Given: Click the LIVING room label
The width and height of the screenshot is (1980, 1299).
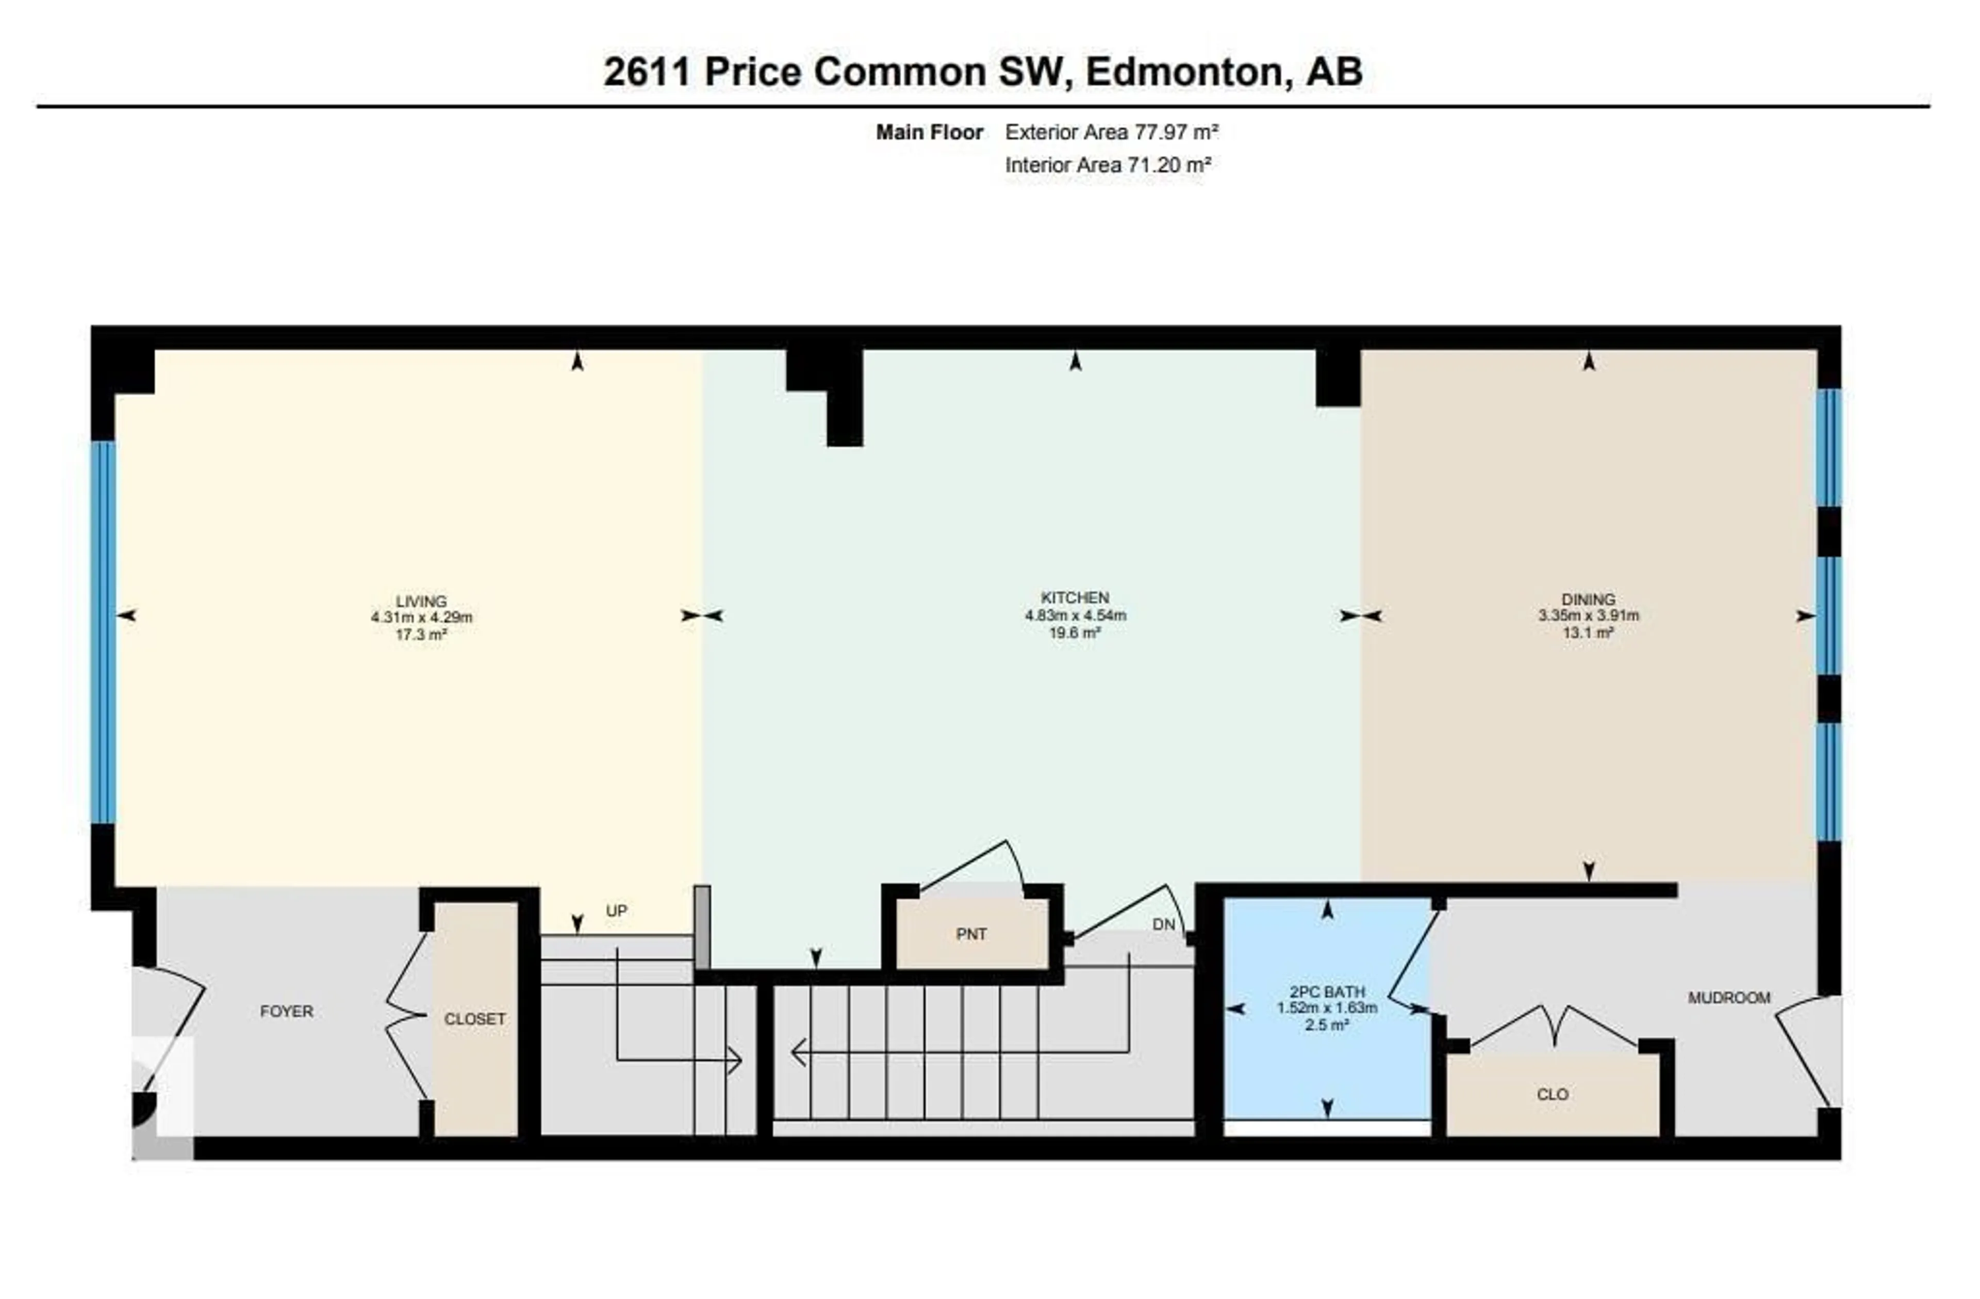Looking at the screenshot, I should point(421,601).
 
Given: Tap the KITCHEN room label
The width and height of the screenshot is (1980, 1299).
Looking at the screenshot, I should point(1075,597).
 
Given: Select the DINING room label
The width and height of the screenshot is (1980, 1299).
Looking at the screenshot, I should point(1588,599).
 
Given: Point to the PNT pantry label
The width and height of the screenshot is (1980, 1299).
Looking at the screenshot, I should point(971,934).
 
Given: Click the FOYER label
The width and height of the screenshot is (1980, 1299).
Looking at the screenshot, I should point(286,1012).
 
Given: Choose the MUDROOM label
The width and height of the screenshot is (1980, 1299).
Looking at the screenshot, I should point(1729,998).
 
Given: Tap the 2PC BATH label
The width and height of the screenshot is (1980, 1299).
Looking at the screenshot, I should point(1326,992).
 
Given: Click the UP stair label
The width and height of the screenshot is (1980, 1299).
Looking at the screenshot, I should point(616,911).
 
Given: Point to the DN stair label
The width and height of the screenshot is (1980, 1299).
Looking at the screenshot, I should point(1164,924).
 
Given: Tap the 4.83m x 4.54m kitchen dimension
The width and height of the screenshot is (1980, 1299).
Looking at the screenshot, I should point(1075,616).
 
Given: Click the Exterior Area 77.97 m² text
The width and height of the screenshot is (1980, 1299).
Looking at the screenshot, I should point(1112,132).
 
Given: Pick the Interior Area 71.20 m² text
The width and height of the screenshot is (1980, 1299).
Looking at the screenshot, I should point(1107,165).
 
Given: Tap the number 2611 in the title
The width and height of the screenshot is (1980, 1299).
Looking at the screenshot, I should point(647,72).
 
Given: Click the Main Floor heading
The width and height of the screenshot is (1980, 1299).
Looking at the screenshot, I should point(929,132).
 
